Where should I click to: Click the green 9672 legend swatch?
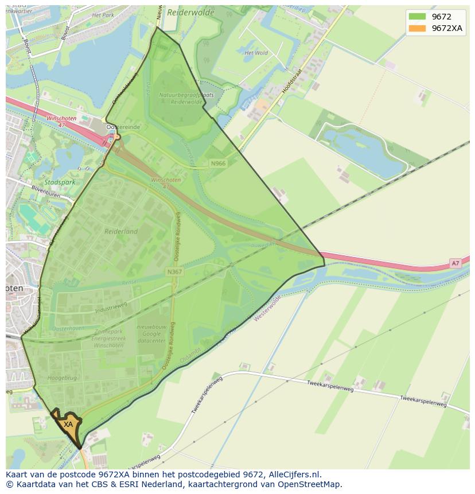point(418,17)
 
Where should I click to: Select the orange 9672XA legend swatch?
point(418,28)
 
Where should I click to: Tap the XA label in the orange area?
point(68,424)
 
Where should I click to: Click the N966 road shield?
point(218,164)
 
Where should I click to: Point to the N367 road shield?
point(174,272)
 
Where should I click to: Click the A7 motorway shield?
point(455,263)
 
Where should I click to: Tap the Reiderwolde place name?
point(190,12)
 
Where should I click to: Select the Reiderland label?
point(121,231)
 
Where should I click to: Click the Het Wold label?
point(256,53)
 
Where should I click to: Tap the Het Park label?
point(103,14)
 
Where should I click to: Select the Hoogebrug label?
point(62,362)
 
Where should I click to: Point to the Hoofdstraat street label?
point(291,81)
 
